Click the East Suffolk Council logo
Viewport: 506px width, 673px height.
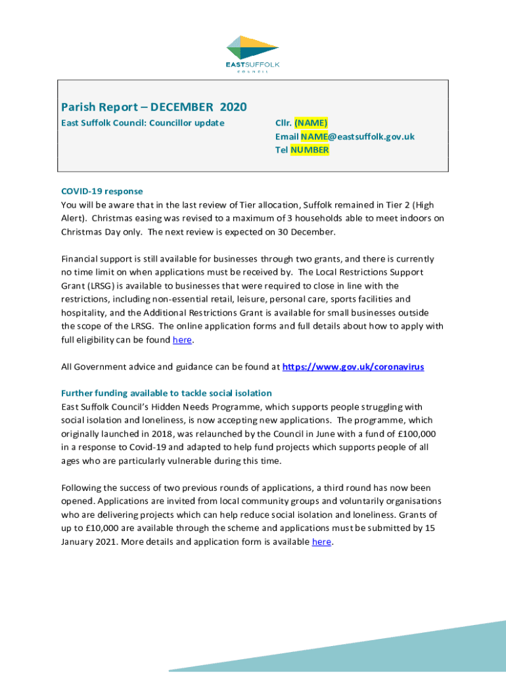coord(253,53)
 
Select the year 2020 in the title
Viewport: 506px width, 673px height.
coord(233,106)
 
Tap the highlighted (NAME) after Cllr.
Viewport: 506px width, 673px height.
coord(311,123)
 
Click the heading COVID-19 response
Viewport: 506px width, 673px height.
coord(102,191)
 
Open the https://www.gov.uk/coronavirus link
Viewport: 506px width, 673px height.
coord(353,367)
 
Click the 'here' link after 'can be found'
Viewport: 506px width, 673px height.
coord(182,340)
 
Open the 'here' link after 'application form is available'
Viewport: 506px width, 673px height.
coord(321,542)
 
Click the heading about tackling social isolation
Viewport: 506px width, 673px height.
coord(166,393)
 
